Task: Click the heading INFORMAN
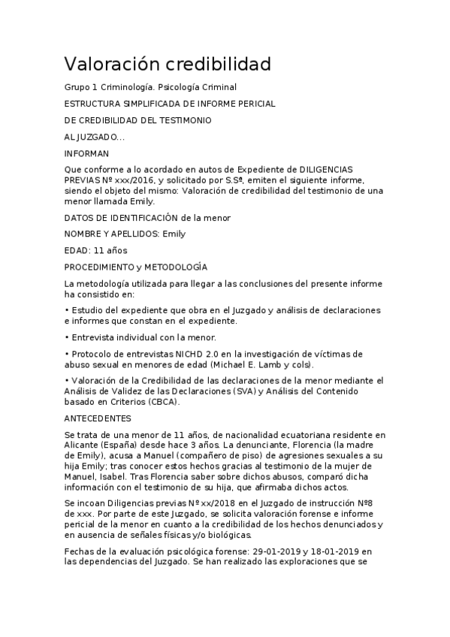click(86, 153)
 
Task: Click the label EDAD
click(77, 250)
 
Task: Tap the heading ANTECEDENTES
click(98, 418)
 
